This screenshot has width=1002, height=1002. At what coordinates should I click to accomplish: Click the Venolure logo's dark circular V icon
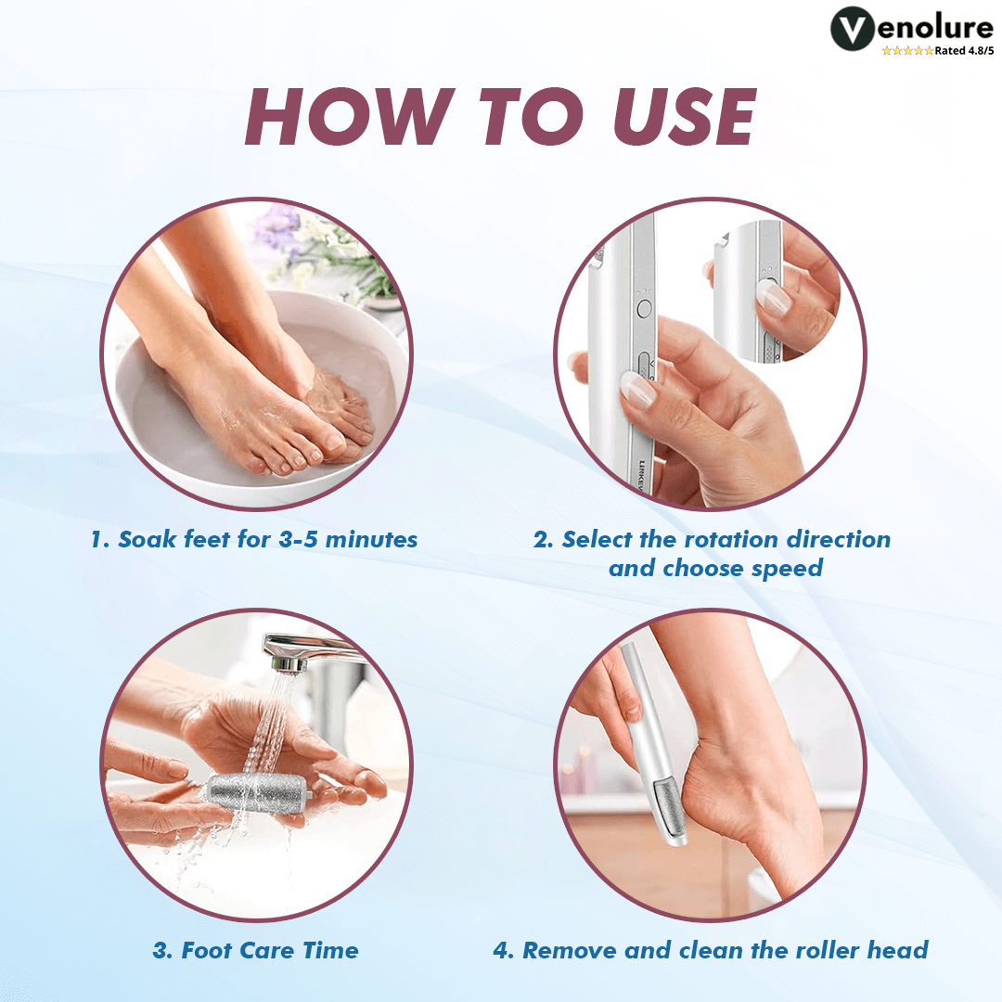(x=855, y=30)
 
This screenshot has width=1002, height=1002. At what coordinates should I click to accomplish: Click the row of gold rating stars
(x=906, y=51)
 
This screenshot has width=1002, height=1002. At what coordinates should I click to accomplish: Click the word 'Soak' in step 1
(x=148, y=539)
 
